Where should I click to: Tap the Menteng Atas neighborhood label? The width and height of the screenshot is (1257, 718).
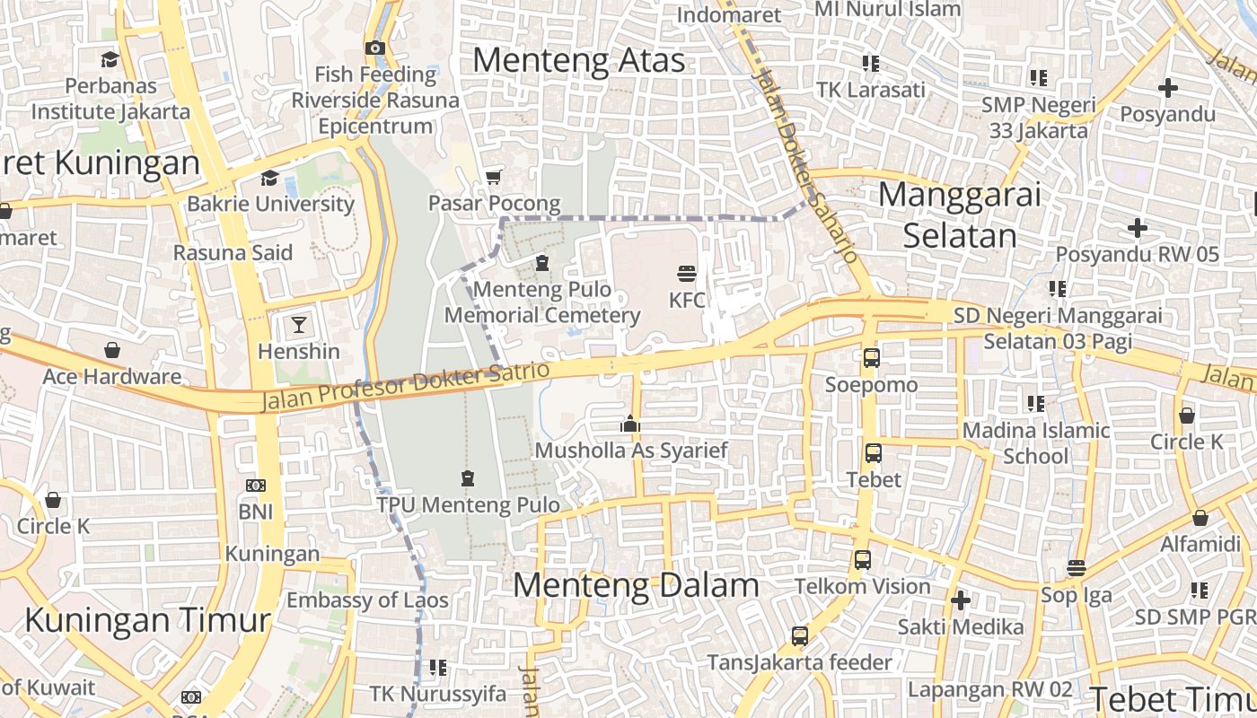click(x=579, y=60)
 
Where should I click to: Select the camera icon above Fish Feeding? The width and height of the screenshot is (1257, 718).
click(x=375, y=48)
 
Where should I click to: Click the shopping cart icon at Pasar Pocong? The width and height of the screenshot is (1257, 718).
click(x=493, y=176)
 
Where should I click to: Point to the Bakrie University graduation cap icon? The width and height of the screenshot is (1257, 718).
click(x=269, y=178)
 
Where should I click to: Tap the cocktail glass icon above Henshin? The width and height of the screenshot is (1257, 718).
click(x=298, y=324)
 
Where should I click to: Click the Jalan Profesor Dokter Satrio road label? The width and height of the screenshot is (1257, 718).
click(x=405, y=387)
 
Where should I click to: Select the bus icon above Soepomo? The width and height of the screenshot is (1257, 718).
click(x=871, y=357)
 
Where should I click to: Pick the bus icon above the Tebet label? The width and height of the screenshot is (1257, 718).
click(x=874, y=452)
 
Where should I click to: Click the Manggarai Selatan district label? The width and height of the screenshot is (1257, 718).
click(x=960, y=215)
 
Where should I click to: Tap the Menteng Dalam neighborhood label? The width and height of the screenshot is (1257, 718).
click(x=636, y=585)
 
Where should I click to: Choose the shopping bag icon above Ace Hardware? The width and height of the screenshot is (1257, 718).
click(x=112, y=349)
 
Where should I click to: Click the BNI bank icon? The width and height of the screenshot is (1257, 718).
click(x=256, y=486)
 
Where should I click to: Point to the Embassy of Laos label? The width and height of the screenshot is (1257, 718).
click(x=367, y=600)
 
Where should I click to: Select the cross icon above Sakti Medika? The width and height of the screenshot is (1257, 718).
click(x=961, y=600)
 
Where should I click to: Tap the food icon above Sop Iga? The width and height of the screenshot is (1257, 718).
click(x=1077, y=567)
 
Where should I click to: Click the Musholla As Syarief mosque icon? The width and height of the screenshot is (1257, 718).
click(x=630, y=424)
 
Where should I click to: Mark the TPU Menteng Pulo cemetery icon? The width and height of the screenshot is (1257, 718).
click(x=467, y=478)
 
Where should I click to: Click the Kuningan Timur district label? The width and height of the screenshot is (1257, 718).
click(x=147, y=619)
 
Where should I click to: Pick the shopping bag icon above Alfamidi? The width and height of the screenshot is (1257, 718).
click(x=1200, y=518)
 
